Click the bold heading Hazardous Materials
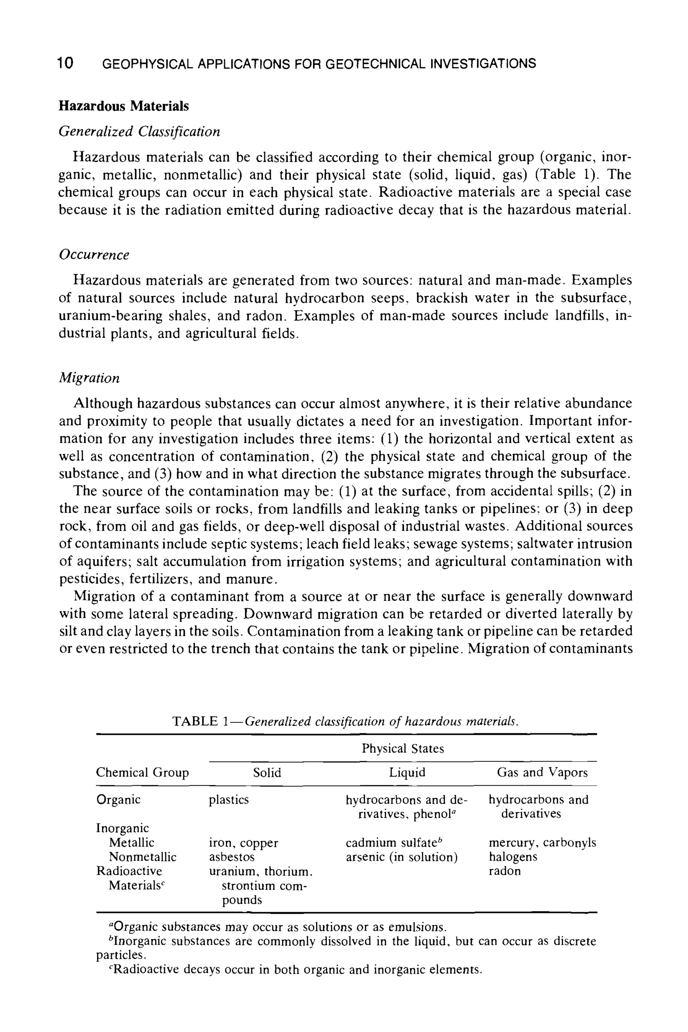124,106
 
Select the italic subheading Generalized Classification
139,131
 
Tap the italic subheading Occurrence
94,255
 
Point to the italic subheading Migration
89,378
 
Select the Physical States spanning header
402,748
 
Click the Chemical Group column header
142,772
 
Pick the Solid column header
267,772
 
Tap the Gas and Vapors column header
542,772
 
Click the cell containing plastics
228,800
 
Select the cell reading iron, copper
244,843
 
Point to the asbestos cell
231,857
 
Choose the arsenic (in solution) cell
401,857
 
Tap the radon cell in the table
505,871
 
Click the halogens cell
513,857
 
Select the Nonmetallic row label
142,857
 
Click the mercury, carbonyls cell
542,843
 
